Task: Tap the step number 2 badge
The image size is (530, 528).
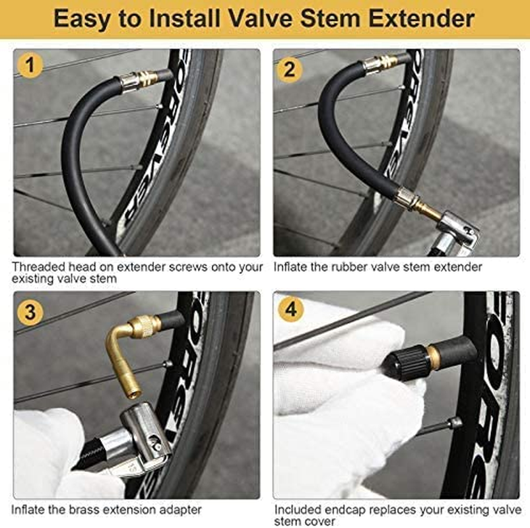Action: [x=290, y=68]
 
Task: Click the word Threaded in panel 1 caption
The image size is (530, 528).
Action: [x=37, y=267]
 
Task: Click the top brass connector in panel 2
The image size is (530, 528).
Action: [x=380, y=63]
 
